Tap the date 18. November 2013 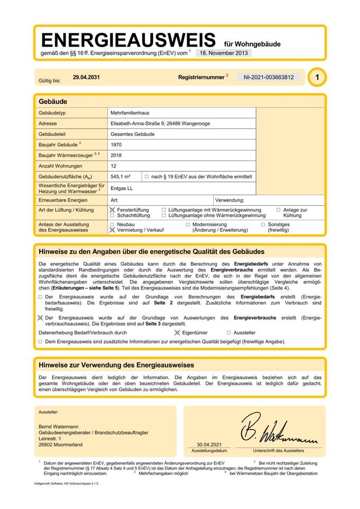click(223, 53)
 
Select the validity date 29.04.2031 click(86, 77)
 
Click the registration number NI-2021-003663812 click(268, 77)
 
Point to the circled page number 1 click(317, 77)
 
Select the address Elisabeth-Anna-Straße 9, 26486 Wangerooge click(161, 124)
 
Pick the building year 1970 click(116, 144)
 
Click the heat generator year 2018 click(116, 155)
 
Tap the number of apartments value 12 click(113, 165)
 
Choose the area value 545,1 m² click(121, 176)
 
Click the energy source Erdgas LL click(121, 187)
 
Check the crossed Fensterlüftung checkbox click(112, 210)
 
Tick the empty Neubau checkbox click(112, 224)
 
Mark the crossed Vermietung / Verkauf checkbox click(112, 230)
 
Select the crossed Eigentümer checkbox click(178, 332)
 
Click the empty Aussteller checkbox click(229, 332)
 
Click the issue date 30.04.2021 click(209, 444)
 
